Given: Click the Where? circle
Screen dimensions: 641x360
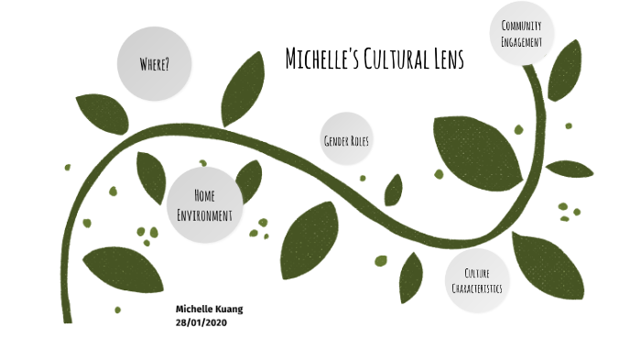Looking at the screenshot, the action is coord(155,63).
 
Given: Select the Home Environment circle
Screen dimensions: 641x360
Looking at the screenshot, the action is coord(205,204).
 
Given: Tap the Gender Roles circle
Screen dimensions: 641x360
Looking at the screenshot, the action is coord(346,140).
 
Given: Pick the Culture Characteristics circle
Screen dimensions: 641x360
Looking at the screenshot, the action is coord(476,280).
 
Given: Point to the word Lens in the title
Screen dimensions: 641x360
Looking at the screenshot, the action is coord(443,60).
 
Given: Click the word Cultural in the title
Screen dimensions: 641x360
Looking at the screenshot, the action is coord(394,60).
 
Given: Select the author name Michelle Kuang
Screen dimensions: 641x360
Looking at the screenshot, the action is coord(210,310).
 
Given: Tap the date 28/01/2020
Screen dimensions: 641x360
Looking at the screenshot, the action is coord(201,322).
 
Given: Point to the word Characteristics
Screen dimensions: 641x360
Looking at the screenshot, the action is coord(476,289).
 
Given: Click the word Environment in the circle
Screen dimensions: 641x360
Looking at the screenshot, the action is coord(205,214).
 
